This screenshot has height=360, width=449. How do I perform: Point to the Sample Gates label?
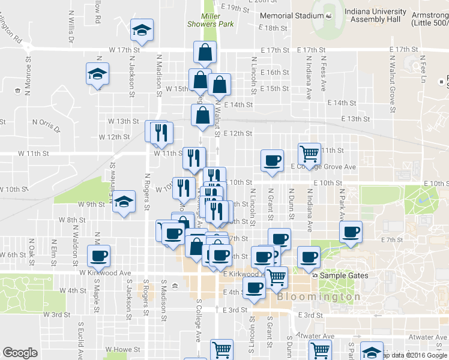[343, 275]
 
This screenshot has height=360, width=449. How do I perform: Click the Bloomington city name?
[319, 296]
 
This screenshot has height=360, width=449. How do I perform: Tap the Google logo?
[20, 353]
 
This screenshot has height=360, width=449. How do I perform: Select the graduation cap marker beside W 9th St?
[124, 202]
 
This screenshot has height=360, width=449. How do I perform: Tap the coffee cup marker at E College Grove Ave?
[272, 161]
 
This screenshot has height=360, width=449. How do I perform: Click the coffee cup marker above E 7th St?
[351, 232]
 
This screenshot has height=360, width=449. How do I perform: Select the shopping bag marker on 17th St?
[205, 53]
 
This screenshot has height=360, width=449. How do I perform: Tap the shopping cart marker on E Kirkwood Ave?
[276, 277]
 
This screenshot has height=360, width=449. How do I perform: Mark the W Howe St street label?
[122, 349]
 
